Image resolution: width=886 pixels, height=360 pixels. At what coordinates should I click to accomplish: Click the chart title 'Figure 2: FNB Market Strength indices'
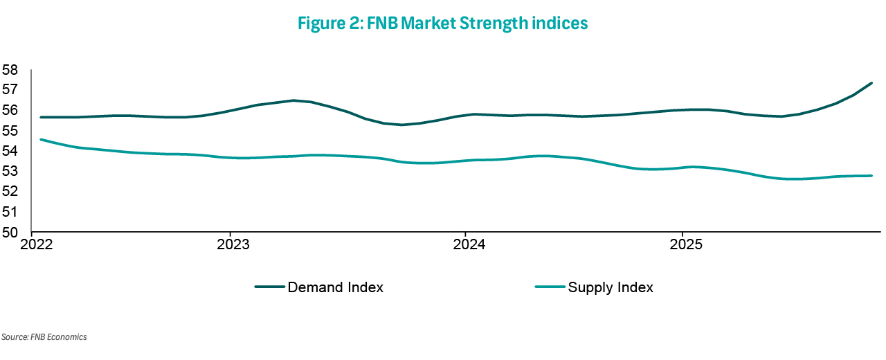[x=443, y=23]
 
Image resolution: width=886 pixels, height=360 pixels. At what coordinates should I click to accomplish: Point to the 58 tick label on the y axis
[x=10, y=70]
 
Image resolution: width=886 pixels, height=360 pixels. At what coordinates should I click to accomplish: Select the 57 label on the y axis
[x=10, y=90]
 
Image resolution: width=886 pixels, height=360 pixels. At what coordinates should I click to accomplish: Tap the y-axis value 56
[x=10, y=111]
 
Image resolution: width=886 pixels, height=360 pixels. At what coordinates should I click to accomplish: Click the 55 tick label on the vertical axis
[x=10, y=131]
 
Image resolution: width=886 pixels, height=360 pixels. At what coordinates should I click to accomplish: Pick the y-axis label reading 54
[x=10, y=151]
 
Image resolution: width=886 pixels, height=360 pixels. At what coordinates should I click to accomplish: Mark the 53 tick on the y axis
[x=10, y=172]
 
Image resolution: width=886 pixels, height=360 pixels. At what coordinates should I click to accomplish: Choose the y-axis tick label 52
[x=10, y=192]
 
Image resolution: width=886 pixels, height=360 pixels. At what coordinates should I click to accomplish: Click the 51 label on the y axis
[x=10, y=212]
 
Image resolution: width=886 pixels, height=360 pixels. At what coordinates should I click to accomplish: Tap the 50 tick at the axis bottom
[x=10, y=233]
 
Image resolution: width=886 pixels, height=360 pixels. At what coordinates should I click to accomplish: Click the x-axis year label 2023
[x=234, y=246]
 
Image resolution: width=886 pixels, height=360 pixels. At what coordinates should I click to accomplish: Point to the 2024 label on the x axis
[x=469, y=246]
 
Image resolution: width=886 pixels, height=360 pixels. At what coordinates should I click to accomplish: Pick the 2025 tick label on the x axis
[x=686, y=246]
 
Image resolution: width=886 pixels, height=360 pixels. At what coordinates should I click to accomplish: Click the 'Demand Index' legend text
[x=335, y=287]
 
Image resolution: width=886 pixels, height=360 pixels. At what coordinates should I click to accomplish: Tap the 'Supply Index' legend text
[x=611, y=287]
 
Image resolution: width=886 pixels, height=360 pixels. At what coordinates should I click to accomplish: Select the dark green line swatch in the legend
[x=269, y=287]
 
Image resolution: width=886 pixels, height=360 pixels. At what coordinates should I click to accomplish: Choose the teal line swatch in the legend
[x=550, y=287]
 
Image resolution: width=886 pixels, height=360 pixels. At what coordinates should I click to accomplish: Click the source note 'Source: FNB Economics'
[x=44, y=337]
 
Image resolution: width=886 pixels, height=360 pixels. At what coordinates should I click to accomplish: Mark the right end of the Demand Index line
[x=871, y=83]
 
